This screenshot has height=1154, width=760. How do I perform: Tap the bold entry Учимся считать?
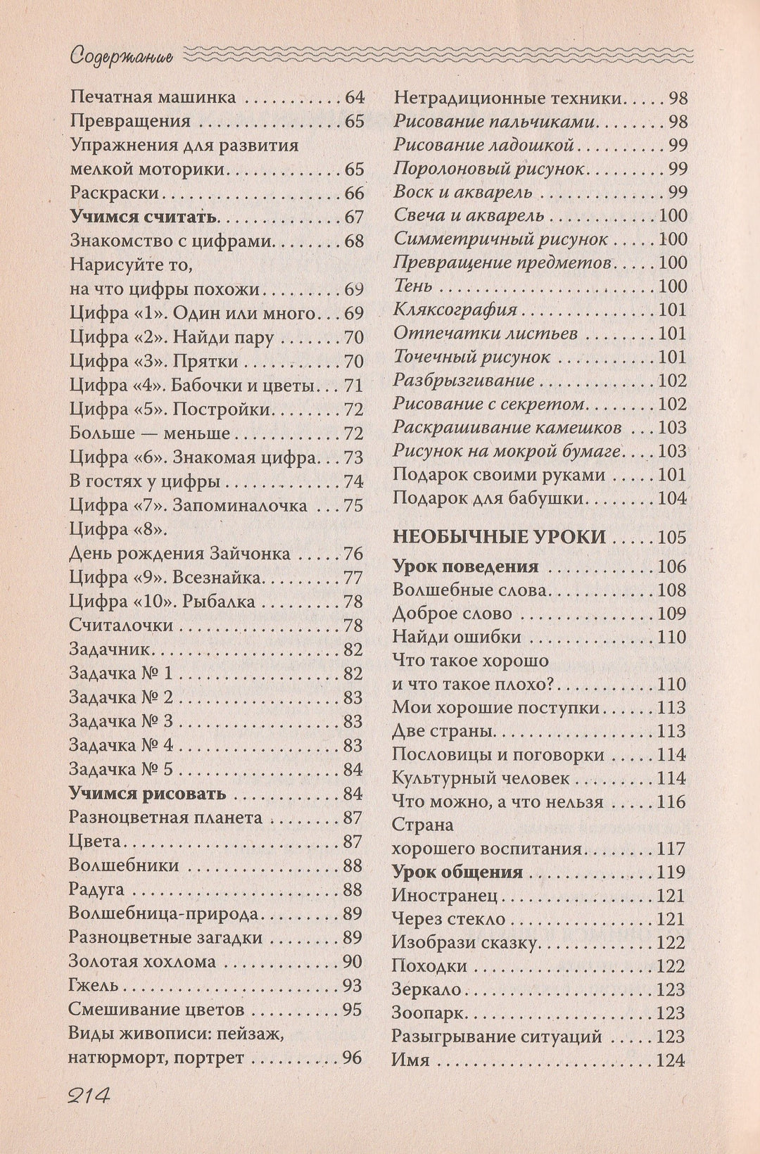click(x=144, y=217)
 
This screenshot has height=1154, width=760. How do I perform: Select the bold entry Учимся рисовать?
click(x=148, y=794)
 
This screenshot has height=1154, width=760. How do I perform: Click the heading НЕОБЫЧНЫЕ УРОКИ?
click(x=499, y=538)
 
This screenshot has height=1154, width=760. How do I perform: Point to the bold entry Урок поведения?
click(x=465, y=566)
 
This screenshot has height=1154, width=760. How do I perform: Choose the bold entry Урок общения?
click(x=457, y=873)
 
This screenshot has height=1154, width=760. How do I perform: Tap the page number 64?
click(x=354, y=97)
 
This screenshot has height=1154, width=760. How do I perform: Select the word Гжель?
click(x=94, y=985)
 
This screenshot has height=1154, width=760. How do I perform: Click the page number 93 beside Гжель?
click(x=352, y=985)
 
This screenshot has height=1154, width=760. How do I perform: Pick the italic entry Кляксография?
click(x=455, y=310)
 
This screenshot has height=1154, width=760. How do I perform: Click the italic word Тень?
click(x=413, y=286)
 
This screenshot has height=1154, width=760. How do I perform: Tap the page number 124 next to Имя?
click(x=671, y=1060)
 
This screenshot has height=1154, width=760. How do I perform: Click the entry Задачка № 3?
click(x=121, y=721)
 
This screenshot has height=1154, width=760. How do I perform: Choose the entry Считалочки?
click(x=121, y=625)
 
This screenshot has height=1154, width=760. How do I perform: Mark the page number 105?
click(x=671, y=538)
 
